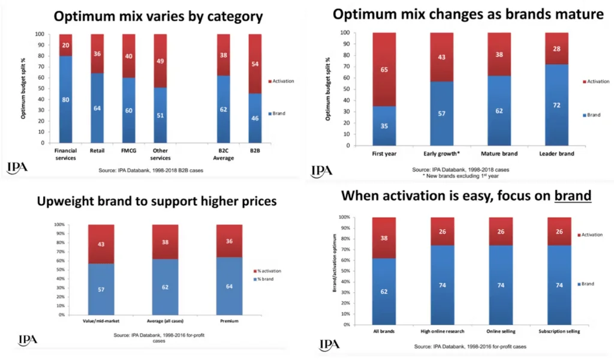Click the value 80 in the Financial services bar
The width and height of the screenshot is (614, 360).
point(65,100)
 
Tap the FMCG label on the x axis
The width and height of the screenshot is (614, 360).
point(129,151)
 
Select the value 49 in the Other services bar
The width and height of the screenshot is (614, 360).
point(161,61)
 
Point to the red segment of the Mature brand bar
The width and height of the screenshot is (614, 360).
point(499,54)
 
